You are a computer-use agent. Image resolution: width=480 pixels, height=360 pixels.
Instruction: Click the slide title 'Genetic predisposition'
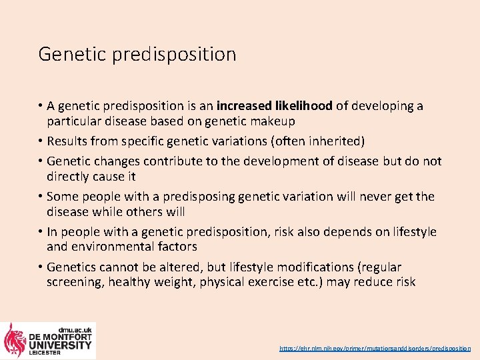coord(137,54)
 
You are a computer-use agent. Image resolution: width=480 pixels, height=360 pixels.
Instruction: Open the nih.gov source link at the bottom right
coord(375,349)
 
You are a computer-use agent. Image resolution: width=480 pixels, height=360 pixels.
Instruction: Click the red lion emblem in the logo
coord(15,341)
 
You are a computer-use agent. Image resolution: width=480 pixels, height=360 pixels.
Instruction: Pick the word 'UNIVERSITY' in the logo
coord(60,345)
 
